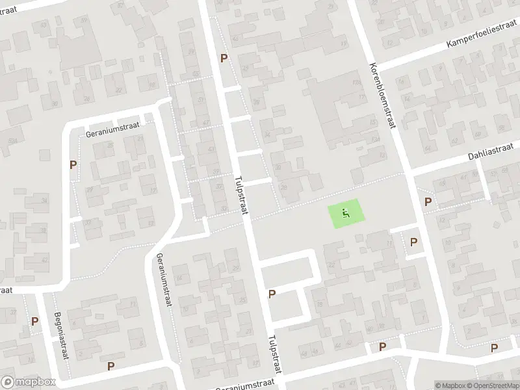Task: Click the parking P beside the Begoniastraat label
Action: tap(34, 321)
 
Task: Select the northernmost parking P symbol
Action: tap(224, 58)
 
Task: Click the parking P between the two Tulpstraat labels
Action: tap(272, 294)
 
